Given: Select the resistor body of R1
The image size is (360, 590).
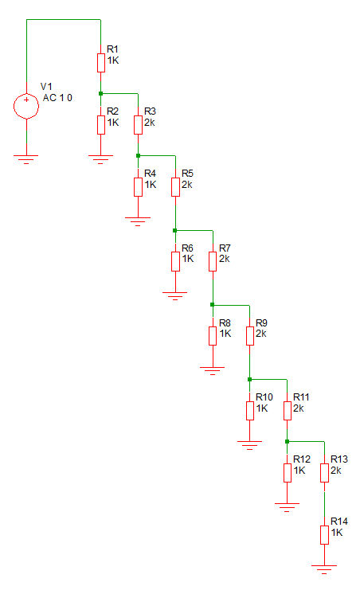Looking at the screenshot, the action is [x=101, y=62].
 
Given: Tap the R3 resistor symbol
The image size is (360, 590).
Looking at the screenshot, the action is [x=139, y=124].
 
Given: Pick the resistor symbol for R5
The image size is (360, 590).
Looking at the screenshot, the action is [x=175, y=186].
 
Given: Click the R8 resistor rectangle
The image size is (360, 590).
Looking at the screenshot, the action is [x=213, y=336].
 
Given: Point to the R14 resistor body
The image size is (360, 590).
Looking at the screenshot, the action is [x=325, y=535].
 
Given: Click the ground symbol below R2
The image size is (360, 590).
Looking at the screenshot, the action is [x=101, y=159].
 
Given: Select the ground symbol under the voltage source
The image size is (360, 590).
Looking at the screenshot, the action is [x=26, y=159].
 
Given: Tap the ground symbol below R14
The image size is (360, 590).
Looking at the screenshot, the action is [x=324, y=569].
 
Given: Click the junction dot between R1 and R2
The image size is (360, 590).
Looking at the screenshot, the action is [x=101, y=93].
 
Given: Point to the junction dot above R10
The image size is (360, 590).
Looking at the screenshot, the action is [x=249, y=379].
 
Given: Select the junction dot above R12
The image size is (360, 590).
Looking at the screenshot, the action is [x=287, y=441].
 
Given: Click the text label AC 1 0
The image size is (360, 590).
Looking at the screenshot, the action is [x=57, y=98].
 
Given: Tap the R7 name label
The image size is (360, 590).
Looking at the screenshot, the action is [x=225, y=248].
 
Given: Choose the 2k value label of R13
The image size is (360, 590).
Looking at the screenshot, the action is [x=336, y=471].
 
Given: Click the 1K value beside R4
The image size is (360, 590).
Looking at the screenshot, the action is [x=151, y=185].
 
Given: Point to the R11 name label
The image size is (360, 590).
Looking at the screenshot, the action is [x=301, y=397].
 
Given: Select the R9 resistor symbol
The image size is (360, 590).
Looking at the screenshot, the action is [x=250, y=336].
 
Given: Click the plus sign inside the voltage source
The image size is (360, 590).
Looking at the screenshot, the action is [x=26, y=100].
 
